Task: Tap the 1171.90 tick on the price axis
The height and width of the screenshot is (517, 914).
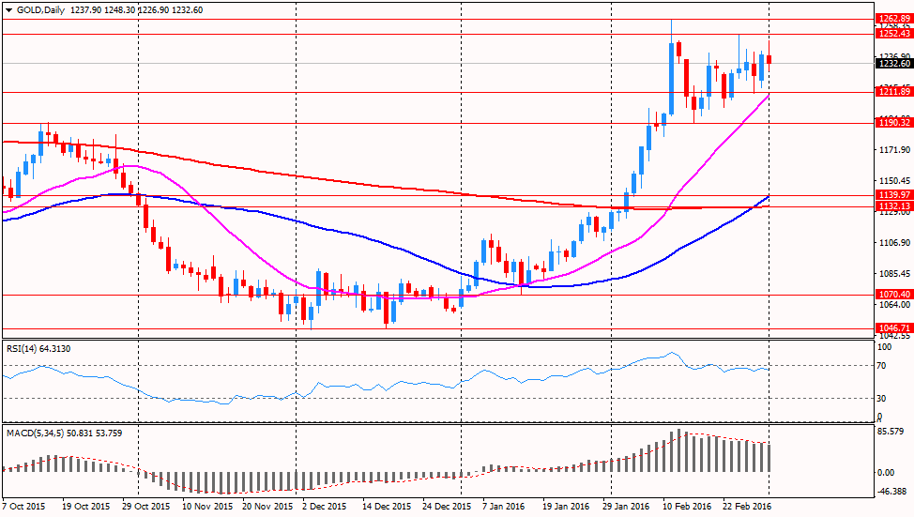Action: pyautogui.click(x=890, y=150)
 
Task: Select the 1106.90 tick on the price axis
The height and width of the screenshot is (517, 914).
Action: pyautogui.click(x=890, y=243)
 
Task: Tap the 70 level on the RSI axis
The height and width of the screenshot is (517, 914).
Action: pyautogui.click(x=881, y=366)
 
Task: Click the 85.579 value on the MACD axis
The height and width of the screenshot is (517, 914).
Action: pyautogui.click(x=890, y=432)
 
